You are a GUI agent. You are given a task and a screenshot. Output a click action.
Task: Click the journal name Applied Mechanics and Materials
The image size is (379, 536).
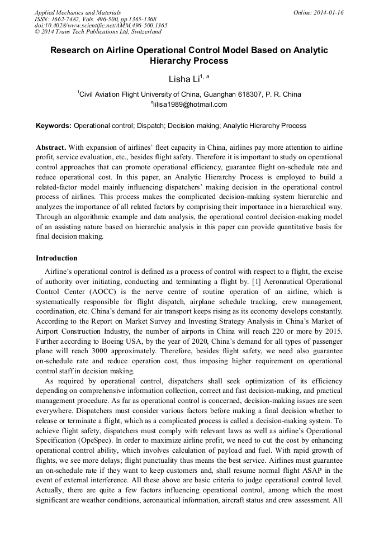(77, 12)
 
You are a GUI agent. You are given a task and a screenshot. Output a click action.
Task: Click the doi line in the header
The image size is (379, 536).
(101, 25)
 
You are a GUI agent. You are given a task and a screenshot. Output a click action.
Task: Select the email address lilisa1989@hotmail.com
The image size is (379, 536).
(190, 105)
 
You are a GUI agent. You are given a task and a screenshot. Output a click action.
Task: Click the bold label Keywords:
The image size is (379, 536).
(54, 126)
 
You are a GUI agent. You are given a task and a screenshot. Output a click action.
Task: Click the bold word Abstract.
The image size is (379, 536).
(51, 147)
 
